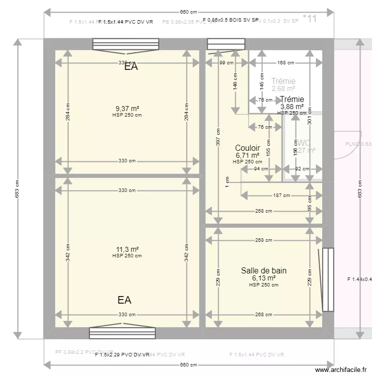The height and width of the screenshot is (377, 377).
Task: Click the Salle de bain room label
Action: tap(263, 270)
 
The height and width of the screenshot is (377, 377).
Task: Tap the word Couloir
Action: tap(247, 148)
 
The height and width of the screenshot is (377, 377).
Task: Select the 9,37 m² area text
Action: tap(127, 108)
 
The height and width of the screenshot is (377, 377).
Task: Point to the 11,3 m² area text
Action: tap(127, 249)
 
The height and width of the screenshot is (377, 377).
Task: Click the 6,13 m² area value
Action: tap(263, 278)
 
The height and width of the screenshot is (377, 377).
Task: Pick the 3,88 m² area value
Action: tap(292, 106)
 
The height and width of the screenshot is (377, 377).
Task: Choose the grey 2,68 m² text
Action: tap(283, 88)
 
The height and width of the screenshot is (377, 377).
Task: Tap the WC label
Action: tap(304, 142)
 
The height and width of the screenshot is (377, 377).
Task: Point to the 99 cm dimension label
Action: tap(226, 63)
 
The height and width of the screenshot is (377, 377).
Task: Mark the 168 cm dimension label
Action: tap(285, 63)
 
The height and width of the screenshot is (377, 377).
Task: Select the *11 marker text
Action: tap(310, 19)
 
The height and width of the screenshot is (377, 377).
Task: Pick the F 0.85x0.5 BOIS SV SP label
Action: tap(231, 21)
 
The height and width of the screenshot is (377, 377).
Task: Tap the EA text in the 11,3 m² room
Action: tap(125, 300)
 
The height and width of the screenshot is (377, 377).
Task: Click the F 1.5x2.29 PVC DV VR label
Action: tap(122, 355)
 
